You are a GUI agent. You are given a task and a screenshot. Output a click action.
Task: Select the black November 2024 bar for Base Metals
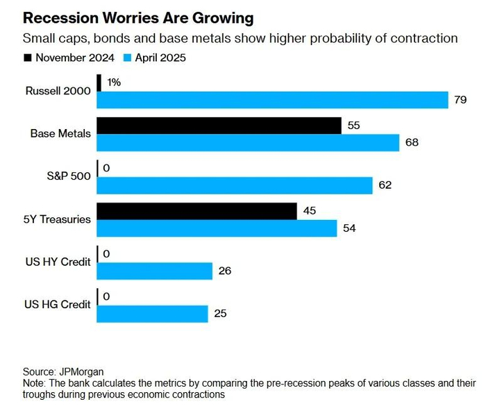coord(219,126)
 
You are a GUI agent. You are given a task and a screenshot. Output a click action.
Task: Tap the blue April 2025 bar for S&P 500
coord(235,185)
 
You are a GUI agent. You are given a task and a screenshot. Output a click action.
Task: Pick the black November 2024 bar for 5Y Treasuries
coord(196,211)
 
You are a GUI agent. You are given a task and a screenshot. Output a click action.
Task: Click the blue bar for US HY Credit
coord(154,271)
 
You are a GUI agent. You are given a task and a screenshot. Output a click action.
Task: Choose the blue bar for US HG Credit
coord(152,314)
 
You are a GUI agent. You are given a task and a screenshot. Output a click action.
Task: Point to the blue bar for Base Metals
coord(248,142)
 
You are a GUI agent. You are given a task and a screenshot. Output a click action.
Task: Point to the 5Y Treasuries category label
coord(58,219)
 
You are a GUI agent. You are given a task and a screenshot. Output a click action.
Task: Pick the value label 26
coord(226,271)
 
